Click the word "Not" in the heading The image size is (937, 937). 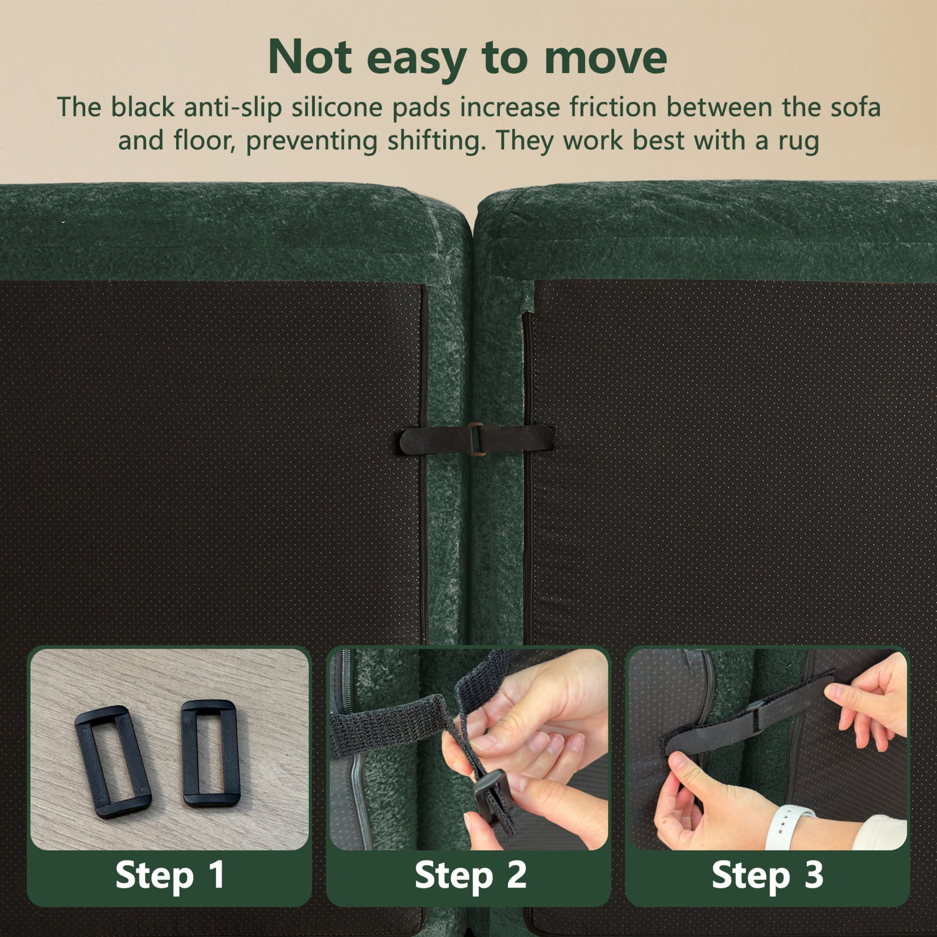click(310, 57)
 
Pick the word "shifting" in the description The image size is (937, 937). click(431, 141)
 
